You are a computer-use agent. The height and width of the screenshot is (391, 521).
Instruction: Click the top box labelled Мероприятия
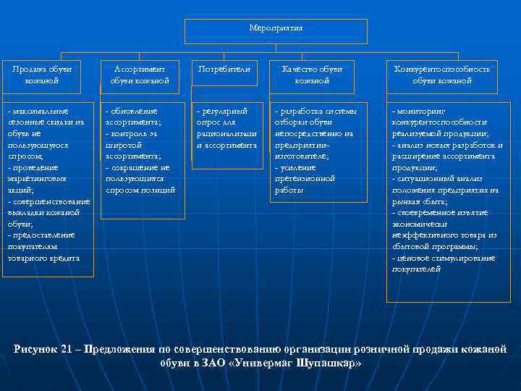click(x=276, y=29)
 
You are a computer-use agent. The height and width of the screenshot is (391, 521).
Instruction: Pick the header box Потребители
click(x=224, y=70)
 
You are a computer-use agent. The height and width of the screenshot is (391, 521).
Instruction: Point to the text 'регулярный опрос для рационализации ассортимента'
click(x=226, y=128)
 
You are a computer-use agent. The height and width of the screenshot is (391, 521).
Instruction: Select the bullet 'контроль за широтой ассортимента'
click(x=133, y=145)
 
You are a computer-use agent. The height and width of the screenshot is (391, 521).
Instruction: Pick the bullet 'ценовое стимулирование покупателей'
click(x=443, y=263)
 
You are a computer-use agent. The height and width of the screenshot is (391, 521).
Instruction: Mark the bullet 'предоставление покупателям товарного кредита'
click(x=43, y=247)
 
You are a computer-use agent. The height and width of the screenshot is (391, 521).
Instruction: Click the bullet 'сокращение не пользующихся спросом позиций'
click(x=140, y=178)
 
